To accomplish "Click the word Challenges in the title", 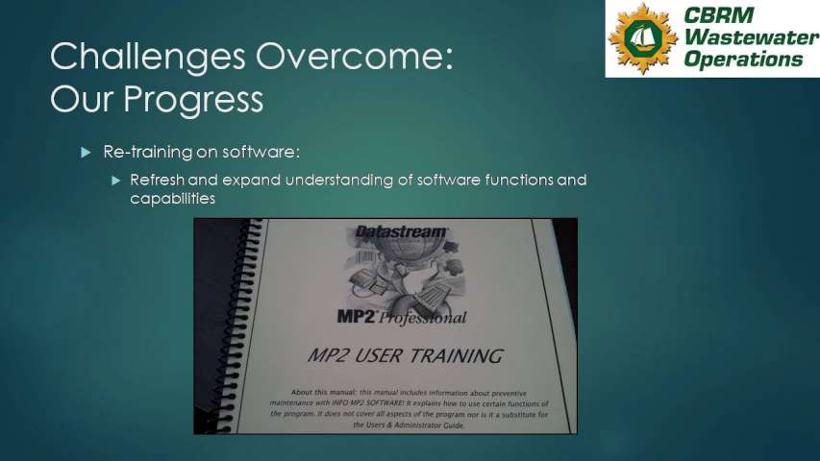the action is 147,58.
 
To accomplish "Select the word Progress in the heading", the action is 193,99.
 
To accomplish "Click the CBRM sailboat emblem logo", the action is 643,38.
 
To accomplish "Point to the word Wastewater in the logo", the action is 751,37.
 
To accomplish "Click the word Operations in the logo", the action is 743,59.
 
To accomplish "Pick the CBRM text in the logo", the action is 718,15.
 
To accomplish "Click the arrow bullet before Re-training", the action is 86,153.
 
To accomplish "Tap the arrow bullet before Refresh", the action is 116,181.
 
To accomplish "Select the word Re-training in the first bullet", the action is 148,152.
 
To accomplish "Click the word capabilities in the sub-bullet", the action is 173,199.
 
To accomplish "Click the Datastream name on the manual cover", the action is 401,231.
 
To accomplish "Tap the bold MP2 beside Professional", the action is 356,316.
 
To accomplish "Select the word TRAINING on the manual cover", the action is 456,356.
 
